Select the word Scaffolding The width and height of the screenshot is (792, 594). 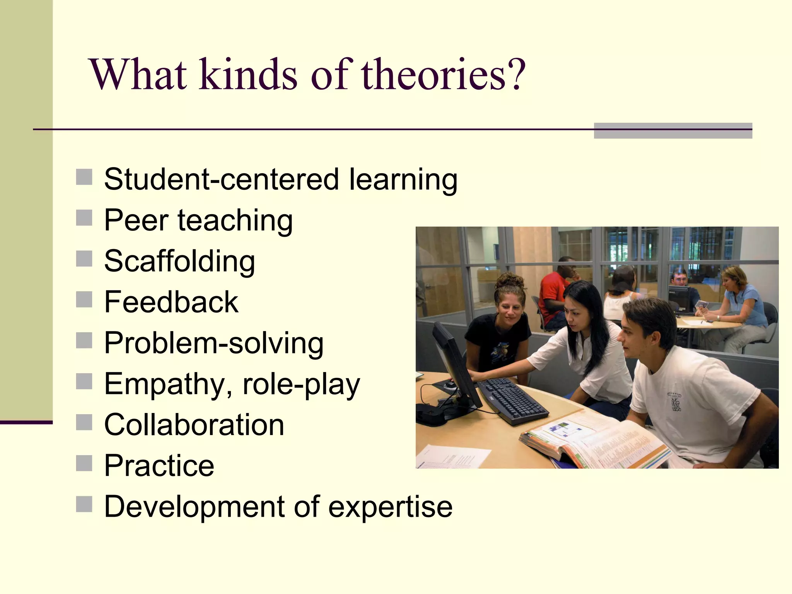pyautogui.click(x=179, y=261)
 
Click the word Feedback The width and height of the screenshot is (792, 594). pyautogui.click(x=171, y=302)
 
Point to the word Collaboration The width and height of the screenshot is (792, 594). pyautogui.click(x=194, y=425)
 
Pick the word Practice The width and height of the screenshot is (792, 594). pyautogui.click(x=159, y=466)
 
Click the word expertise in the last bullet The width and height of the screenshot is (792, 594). pyautogui.click(x=390, y=507)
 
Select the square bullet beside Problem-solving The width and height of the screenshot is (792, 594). pyautogui.click(x=84, y=340)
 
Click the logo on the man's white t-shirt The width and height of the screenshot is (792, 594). pyautogui.click(x=675, y=402)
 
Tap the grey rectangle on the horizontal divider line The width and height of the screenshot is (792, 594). pyautogui.click(x=673, y=130)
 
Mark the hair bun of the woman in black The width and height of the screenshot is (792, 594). pyautogui.click(x=510, y=280)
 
